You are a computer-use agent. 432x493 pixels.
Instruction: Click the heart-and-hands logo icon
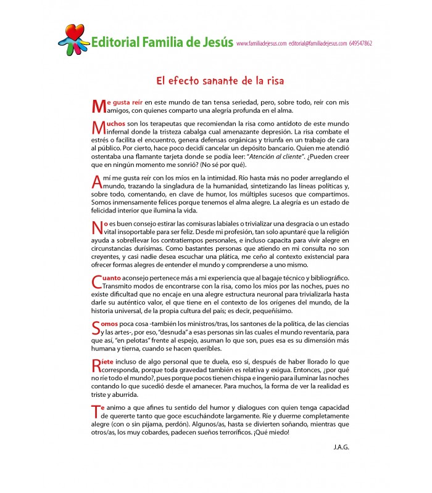point(73,39)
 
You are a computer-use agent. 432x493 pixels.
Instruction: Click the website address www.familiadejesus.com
point(261,44)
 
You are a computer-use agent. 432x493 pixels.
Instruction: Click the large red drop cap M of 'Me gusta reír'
point(98,105)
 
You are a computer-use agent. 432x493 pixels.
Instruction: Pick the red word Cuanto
point(111,278)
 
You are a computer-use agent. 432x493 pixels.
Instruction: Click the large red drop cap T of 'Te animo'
point(96,410)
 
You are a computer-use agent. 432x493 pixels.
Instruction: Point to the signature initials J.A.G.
point(340,447)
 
